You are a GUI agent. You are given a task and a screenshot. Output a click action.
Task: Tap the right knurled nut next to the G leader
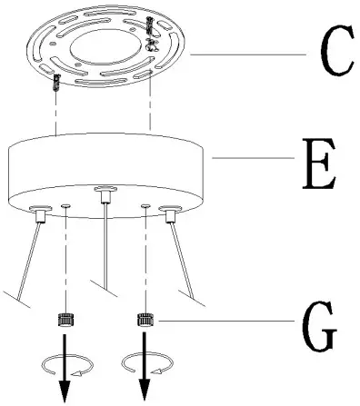click(x=145, y=320)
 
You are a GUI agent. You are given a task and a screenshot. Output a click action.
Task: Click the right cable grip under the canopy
click(x=170, y=214)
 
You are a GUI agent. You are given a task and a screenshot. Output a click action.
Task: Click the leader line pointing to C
click(x=245, y=54)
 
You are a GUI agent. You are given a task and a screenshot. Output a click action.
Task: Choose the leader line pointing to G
click(x=227, y=320)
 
